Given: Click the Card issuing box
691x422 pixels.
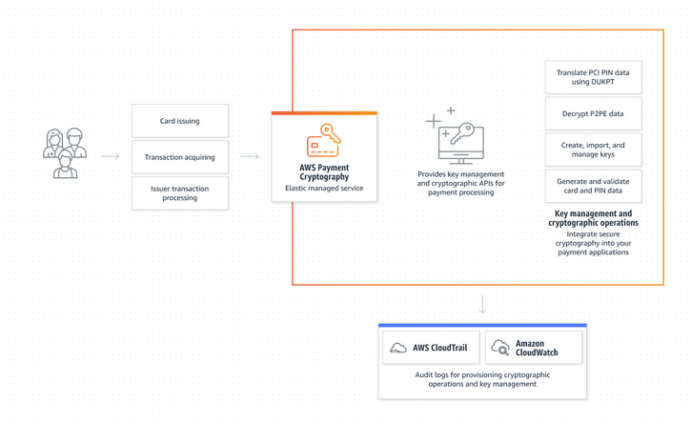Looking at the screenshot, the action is click(x=180, y=121).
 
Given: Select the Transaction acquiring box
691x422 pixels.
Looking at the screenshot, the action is click(x=180, y=157).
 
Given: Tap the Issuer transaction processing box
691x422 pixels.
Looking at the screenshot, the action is click(x=180, y=193).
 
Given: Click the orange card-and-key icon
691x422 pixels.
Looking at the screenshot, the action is click(x=324, y=140).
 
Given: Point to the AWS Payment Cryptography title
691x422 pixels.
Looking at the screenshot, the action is click(x=324, y=172).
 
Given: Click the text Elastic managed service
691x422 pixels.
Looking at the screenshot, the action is click(x=324, y=188).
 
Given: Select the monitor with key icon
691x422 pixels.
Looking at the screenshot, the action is click(x=456, y=135).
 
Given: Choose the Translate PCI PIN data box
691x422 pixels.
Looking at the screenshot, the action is click(x=593, y=77).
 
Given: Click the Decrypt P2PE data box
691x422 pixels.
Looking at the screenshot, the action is click(x=593, y=113).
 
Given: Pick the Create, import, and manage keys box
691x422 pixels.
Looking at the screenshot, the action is click(x=593, y=150).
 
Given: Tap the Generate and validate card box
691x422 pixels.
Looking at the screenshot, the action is click(x=593, y=186).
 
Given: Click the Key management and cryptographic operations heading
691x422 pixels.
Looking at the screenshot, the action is click(x=593, y=218).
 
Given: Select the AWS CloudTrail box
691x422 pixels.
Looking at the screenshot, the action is click(x=431, y=348).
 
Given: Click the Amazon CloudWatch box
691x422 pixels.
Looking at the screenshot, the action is click(x=534, y=348).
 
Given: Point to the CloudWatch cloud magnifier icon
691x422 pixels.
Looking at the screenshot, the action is click(x=500, y=347).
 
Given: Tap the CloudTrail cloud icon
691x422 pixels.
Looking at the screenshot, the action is click(x=398, y=348).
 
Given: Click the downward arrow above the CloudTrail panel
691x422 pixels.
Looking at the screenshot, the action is click(x=482, y=304).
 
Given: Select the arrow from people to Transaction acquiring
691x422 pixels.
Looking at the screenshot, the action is click(x=111, y=156).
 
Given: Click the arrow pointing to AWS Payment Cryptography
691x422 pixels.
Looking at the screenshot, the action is click(x=250, y=156).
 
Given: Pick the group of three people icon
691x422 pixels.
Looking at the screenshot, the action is click(x=65, y=153).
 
